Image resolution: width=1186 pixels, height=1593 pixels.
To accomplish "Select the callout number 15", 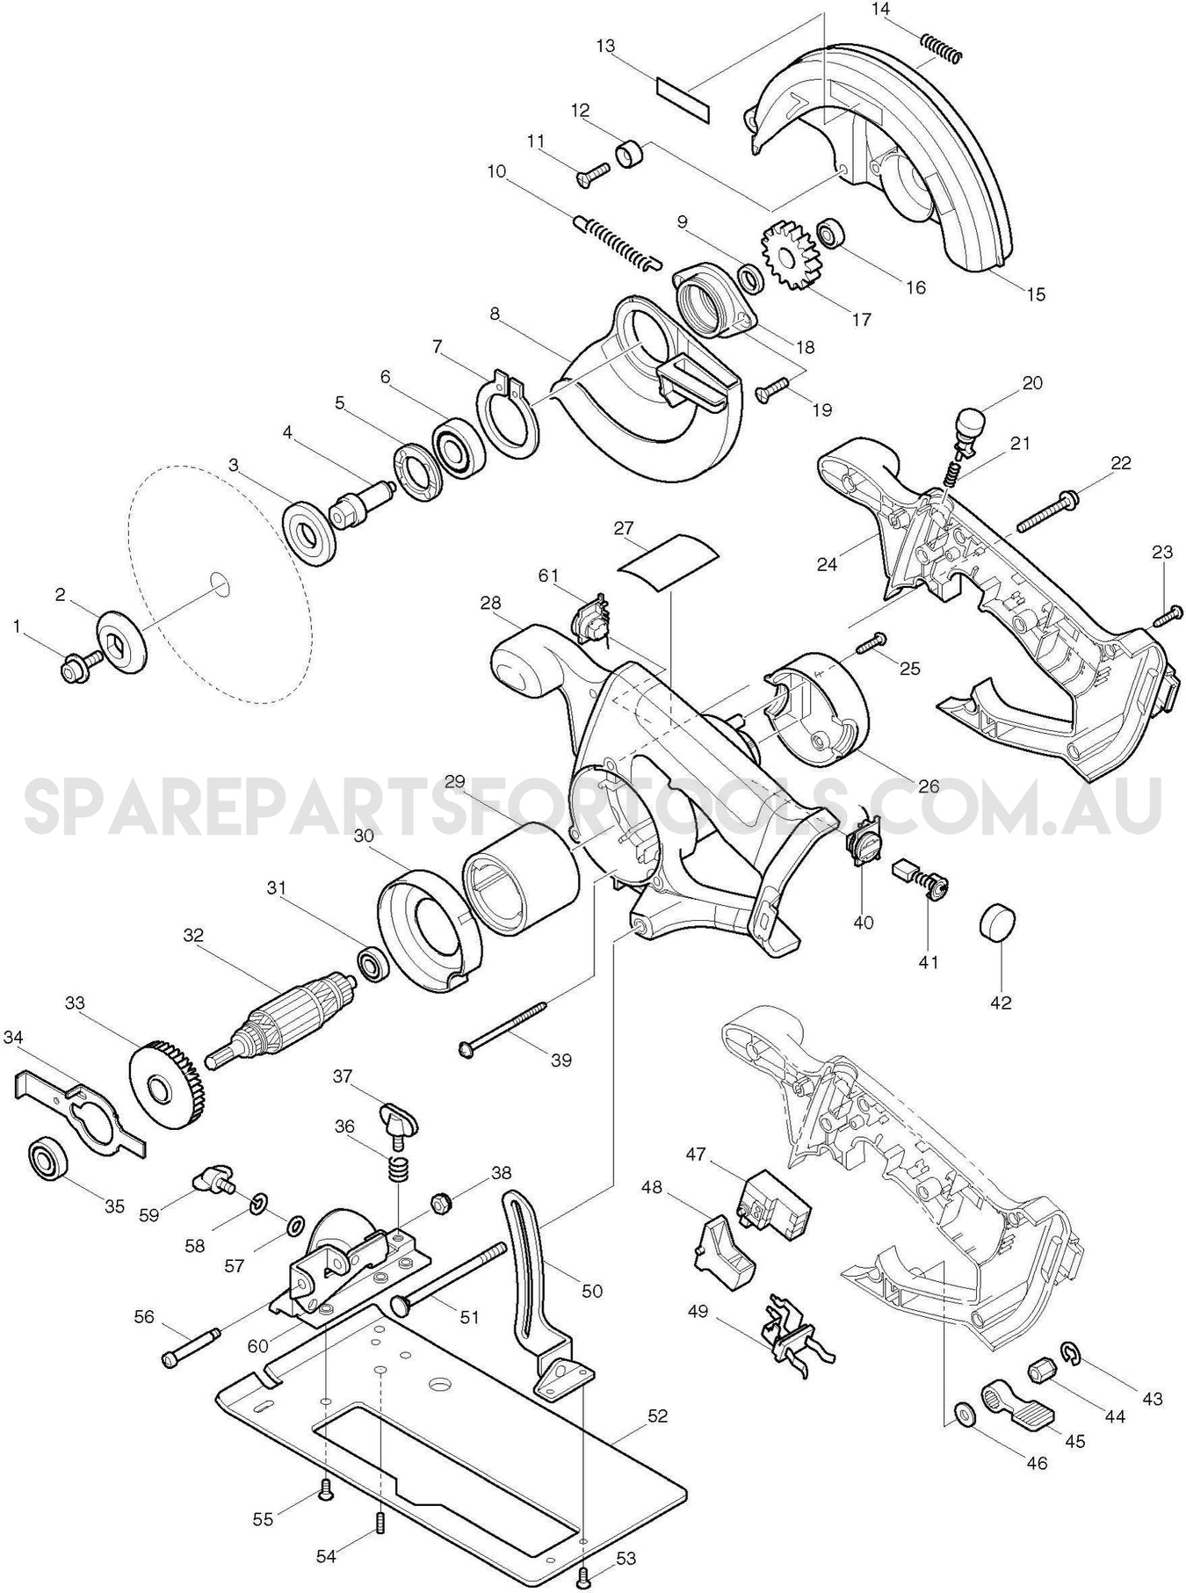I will click(x=1036, y=294).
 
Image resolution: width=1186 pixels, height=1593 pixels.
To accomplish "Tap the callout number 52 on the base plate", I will click(x=656, y=1416).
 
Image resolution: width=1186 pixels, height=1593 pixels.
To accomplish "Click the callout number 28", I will click(x=490, y=603).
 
